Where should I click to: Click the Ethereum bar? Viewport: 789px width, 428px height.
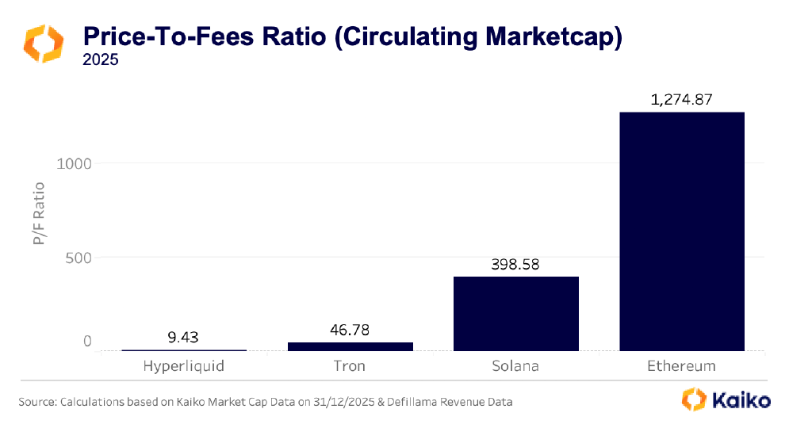tap(682, 231)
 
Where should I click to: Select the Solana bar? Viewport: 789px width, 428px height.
tap(515, 313)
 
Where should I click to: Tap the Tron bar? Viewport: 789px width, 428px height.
tap(350, 346)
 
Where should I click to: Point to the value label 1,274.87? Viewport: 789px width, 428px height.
tap(682, 101)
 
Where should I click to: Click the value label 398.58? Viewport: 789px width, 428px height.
tap(515, 265)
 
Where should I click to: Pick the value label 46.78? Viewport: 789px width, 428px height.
tap(350, 331)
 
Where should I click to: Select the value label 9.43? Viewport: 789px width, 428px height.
tap(183, 338)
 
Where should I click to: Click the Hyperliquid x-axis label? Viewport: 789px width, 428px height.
tap(183, 366)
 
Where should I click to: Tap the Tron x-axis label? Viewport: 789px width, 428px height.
tap(350, 366)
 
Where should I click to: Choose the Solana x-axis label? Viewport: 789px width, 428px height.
tap(515, 366)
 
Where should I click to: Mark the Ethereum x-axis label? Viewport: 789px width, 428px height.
tap(682, 366)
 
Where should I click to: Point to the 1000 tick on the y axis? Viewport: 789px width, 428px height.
tap(75, 163)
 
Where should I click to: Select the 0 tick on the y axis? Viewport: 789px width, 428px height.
tap(88, 342)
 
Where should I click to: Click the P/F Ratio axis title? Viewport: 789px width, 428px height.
tap(39, 213)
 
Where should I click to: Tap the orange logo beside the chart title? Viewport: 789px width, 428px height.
tap(43, 43)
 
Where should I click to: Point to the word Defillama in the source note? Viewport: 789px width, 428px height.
tap(404, 402)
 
